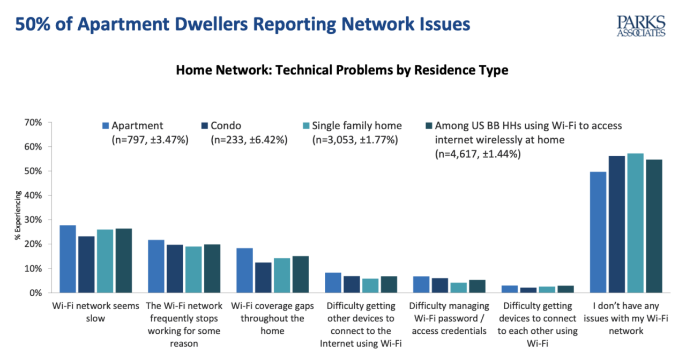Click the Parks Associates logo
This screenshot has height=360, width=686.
641,26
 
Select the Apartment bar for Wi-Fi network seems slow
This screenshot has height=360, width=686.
68,259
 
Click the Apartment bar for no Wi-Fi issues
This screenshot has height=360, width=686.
598,232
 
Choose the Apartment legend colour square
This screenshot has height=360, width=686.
106,126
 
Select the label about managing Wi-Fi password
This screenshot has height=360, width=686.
449,318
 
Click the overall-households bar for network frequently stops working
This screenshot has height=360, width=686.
212,268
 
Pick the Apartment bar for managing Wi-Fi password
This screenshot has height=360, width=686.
421,284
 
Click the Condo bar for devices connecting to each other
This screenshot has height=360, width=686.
528,290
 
